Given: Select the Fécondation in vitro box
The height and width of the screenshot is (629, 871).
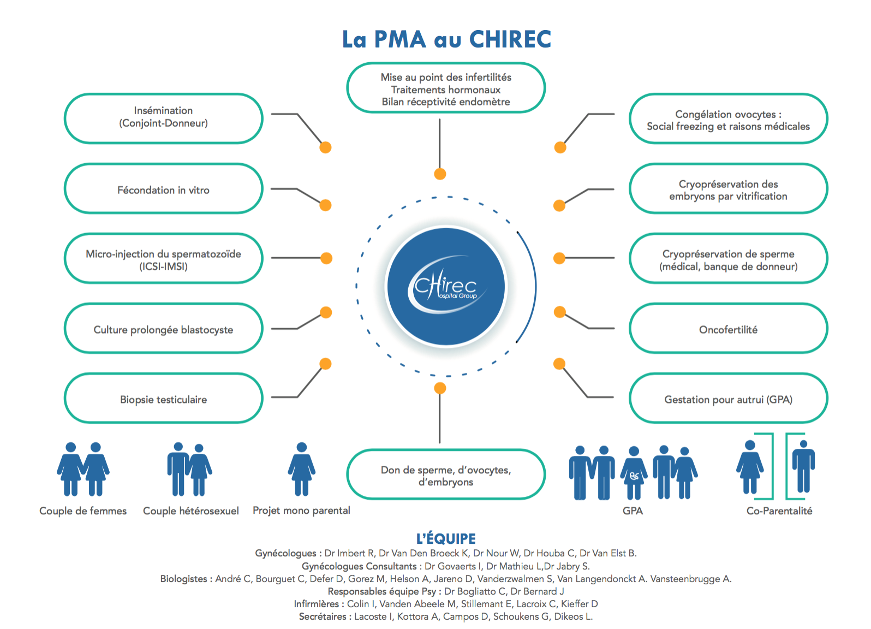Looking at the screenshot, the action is (x=163, y=189).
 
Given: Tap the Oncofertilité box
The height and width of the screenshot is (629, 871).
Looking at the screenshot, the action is (x=728, y=329).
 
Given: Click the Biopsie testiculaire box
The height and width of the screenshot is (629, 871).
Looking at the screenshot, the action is (x=163, y=399).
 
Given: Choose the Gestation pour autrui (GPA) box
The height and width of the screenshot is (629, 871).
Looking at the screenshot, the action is (x=728, y=399).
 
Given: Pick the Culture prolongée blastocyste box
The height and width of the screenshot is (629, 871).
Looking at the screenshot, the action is (x=163, y=329).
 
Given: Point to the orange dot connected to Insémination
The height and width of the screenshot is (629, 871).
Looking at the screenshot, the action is (x=325, y=147).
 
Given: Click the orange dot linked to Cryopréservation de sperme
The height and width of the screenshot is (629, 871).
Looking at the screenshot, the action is (x=559, y=258).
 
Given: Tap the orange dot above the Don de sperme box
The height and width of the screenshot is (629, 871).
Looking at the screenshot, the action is (x=440, y=388).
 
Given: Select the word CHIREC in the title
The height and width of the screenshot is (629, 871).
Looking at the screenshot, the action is (x=510, y=39).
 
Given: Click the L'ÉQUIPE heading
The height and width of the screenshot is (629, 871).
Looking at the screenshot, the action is (x=446, y=539).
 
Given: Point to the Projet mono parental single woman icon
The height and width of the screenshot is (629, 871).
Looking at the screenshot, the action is (x=302, y=468).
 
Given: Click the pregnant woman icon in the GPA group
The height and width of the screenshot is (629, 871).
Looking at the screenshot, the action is (x=634, y=473).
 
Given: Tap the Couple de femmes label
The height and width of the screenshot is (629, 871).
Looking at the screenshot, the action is (x=83, y=511).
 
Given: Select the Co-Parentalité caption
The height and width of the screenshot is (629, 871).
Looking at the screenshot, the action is (x=779, y=511).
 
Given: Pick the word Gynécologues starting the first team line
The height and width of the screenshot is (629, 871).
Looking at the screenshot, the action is (x=285, y=553).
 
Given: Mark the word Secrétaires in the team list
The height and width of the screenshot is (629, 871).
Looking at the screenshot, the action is (x=323, y=616).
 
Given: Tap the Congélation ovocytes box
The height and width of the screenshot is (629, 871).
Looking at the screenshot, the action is (x=728, y=118).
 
